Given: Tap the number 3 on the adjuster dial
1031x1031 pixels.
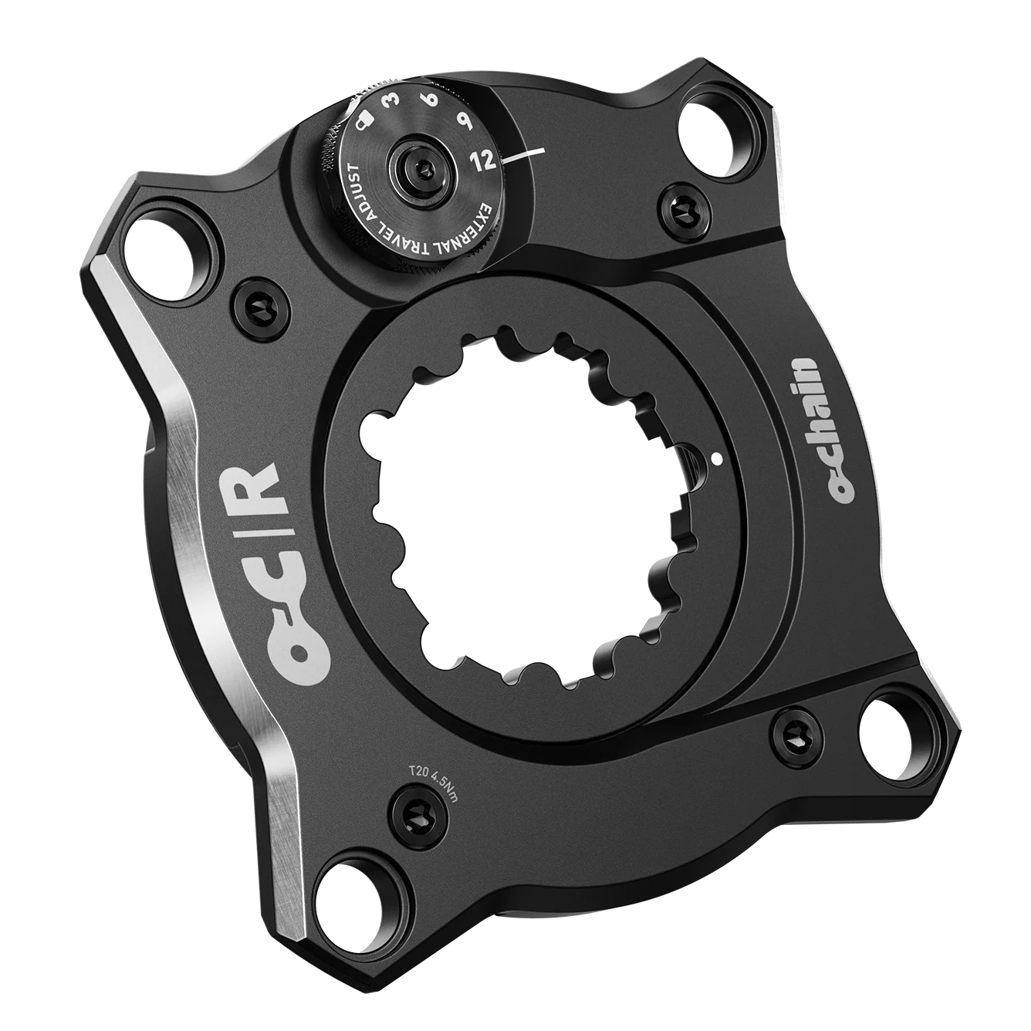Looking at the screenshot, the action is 397,104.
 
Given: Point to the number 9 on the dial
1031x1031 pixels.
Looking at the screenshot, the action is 468,123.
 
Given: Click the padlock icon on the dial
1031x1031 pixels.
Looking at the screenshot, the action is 367,123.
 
